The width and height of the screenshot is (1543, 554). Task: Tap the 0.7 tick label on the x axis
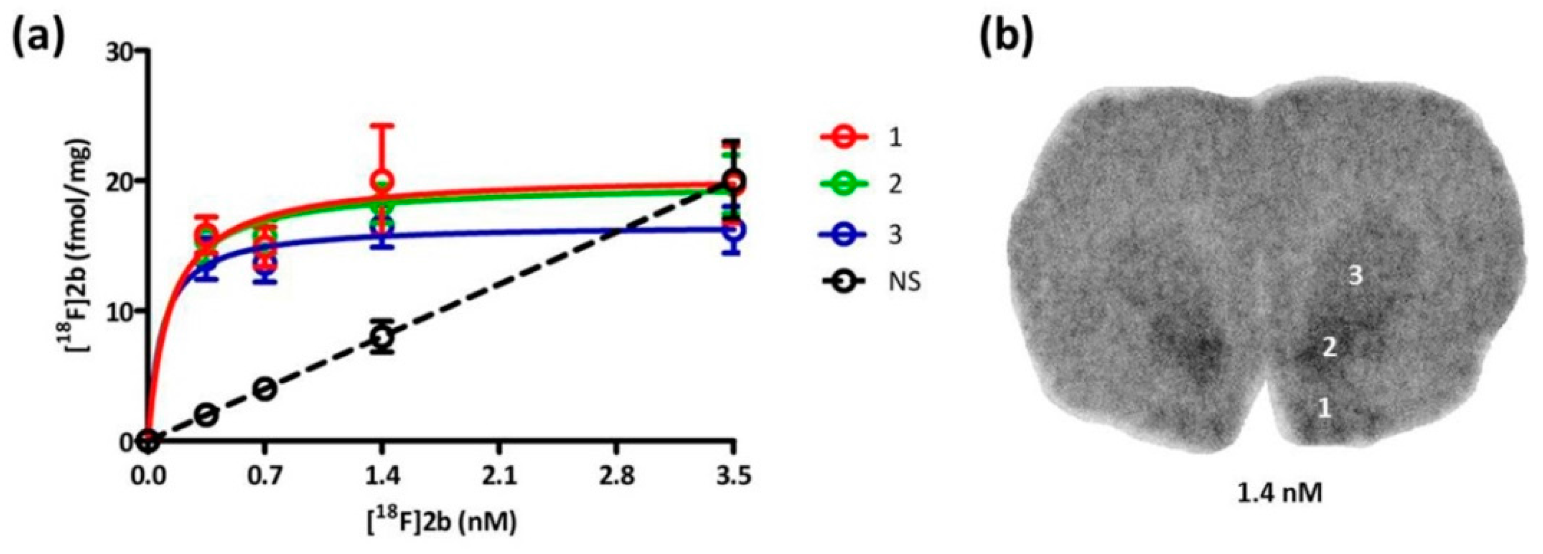tap(265, 478)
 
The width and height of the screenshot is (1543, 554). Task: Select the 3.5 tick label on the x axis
tap(734, 478)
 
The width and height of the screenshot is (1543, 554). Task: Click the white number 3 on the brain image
tap(1355, 276)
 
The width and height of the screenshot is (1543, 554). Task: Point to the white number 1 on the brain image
tap(1325, 409)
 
